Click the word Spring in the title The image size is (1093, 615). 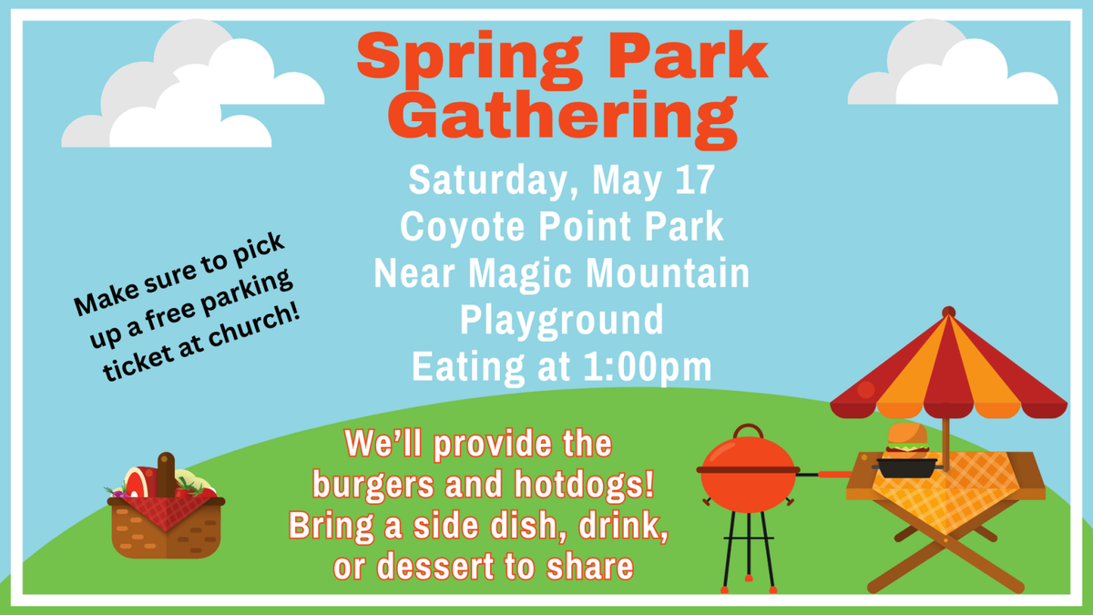tap(459, 57)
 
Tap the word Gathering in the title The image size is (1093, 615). tap(568, 114)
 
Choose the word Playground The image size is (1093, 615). tap(561, 321)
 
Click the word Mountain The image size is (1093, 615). tap(654, 273)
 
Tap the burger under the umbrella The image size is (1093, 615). tap(907, 444)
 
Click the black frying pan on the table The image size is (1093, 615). tap(905, 467)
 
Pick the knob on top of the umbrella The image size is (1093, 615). tap(948, 312)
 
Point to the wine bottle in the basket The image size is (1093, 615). tap(166, 472)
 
